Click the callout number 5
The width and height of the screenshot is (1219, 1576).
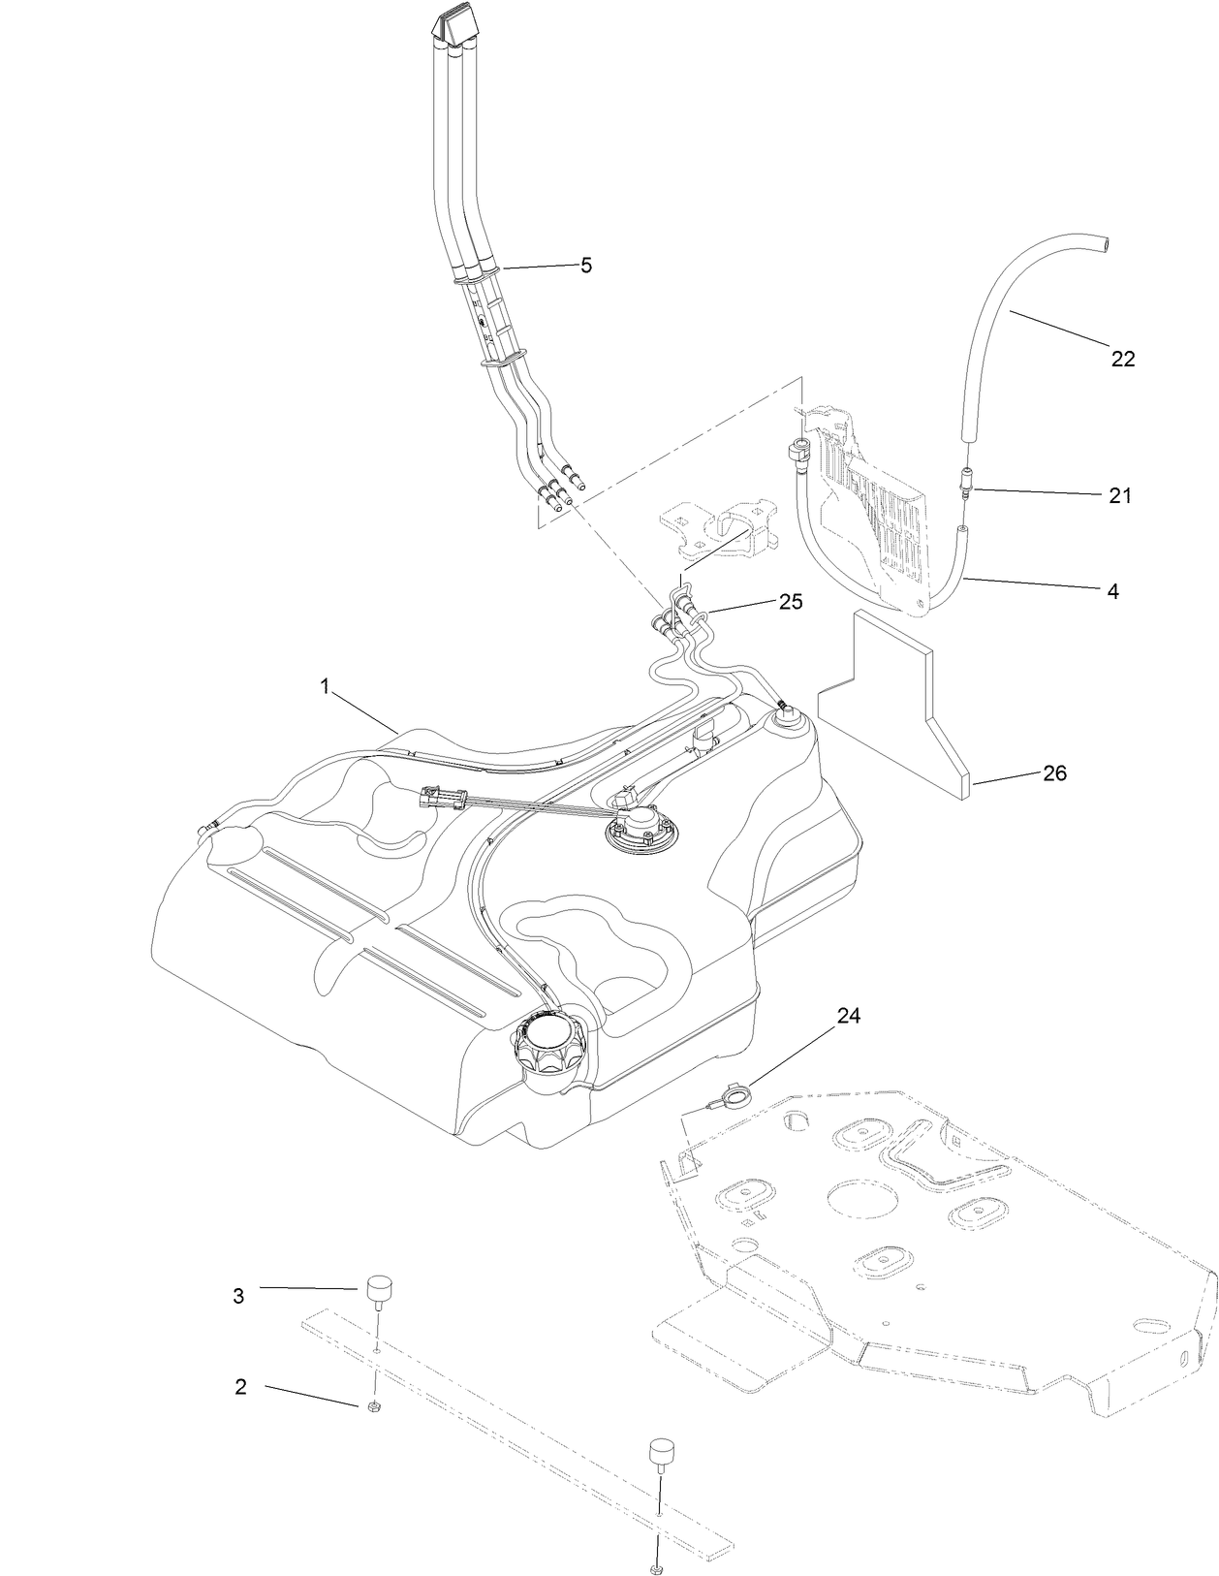tap(585, 266)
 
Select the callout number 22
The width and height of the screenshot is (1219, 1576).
tap(1122, 359)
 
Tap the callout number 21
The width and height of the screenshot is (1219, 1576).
tap(1120, 495)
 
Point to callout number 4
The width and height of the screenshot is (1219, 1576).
tap(1113, 590)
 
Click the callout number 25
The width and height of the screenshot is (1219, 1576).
tap(791, 602)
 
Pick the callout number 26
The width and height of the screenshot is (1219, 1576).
tap(1054, 773)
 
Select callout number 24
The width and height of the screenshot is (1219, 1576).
tap(849, 1016)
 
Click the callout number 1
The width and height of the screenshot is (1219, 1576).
tap(326, 686)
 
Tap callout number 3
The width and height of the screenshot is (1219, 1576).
tap(238, 1296)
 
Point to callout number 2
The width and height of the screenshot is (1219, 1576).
tap(240, 1387)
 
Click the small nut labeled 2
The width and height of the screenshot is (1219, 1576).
tap(373, 1407)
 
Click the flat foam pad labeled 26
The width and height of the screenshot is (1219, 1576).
tap(891, 708)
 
